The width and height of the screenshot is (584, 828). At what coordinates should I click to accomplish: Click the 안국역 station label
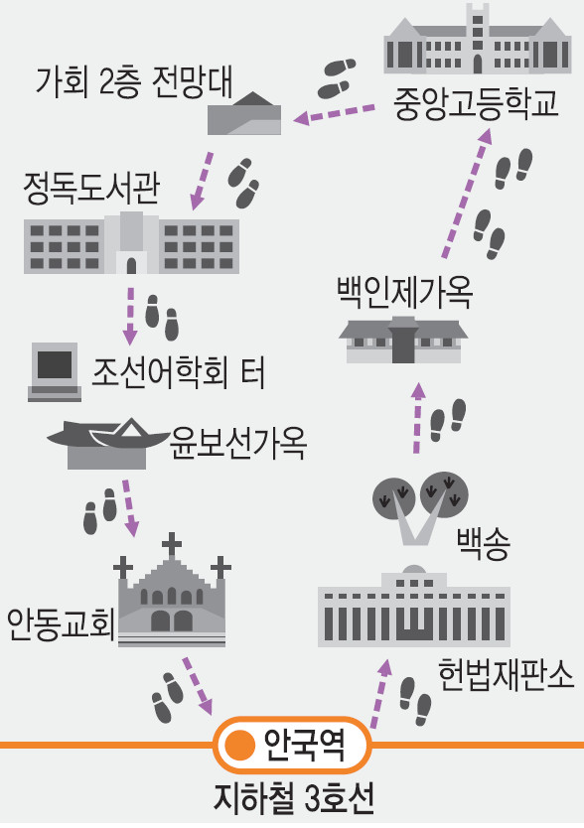click(305, 745)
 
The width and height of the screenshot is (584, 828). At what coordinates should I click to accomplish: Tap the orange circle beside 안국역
click(240, 745)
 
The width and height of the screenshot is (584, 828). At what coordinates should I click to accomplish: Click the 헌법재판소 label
click(506, 674)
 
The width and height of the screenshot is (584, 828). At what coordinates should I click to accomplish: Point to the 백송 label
click(483, 544)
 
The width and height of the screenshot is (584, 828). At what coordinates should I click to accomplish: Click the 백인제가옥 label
click(404, 293)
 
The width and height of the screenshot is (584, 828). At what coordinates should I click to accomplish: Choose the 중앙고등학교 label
click(476, 103)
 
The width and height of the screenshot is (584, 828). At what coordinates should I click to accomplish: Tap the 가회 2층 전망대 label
click(134, 82)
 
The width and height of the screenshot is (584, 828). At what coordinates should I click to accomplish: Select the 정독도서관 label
click(91, 189)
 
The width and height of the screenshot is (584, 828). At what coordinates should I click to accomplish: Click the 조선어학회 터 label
click(178, 373)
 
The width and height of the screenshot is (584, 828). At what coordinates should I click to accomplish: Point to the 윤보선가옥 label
click(237, 443)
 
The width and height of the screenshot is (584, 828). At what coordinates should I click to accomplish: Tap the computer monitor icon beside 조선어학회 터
click(55, 371)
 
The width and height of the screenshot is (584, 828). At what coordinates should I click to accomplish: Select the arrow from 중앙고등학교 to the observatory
click(334, 113)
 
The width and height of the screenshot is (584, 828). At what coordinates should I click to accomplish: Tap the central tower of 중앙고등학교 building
click(478, 38)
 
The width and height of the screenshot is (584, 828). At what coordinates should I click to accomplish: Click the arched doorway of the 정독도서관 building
click(131, 266)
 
